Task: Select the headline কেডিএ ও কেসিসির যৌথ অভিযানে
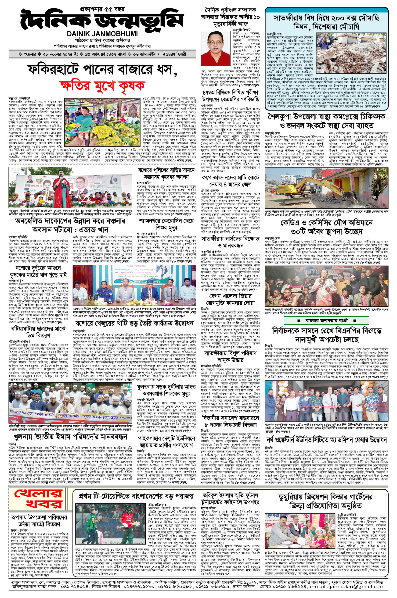tap(327, 223)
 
